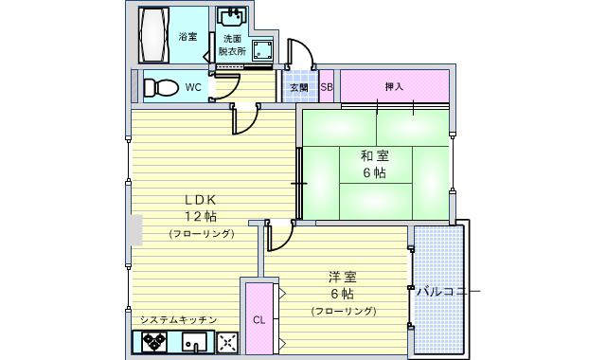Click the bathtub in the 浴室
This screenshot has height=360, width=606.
tap(153, 35)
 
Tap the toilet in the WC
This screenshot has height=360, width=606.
tap(161, 87)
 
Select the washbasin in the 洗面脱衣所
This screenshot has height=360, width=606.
tap(231, 17)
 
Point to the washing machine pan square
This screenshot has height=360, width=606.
tap(263, 50)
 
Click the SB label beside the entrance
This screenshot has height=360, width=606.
tap(327, 87)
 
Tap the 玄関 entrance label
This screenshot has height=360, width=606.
tap(299, 87)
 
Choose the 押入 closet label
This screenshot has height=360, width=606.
tap(394, 86)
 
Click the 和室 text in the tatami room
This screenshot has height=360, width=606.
tap(375, 155)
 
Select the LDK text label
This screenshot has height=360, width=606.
tap(200, 200)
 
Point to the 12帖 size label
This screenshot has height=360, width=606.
tap(200, 216)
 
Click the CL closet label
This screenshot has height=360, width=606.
tap(258, 320)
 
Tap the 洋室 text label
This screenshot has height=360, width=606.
tap(343, 277)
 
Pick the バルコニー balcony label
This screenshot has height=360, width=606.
tap(448, 291)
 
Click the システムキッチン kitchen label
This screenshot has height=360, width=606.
tap(178, 320)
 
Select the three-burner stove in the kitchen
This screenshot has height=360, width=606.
tap(154, 342)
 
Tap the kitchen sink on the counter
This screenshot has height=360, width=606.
tap(194, 342)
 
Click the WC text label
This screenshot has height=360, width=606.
tap(193, 87)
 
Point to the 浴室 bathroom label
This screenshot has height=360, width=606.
tap(187, 36)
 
